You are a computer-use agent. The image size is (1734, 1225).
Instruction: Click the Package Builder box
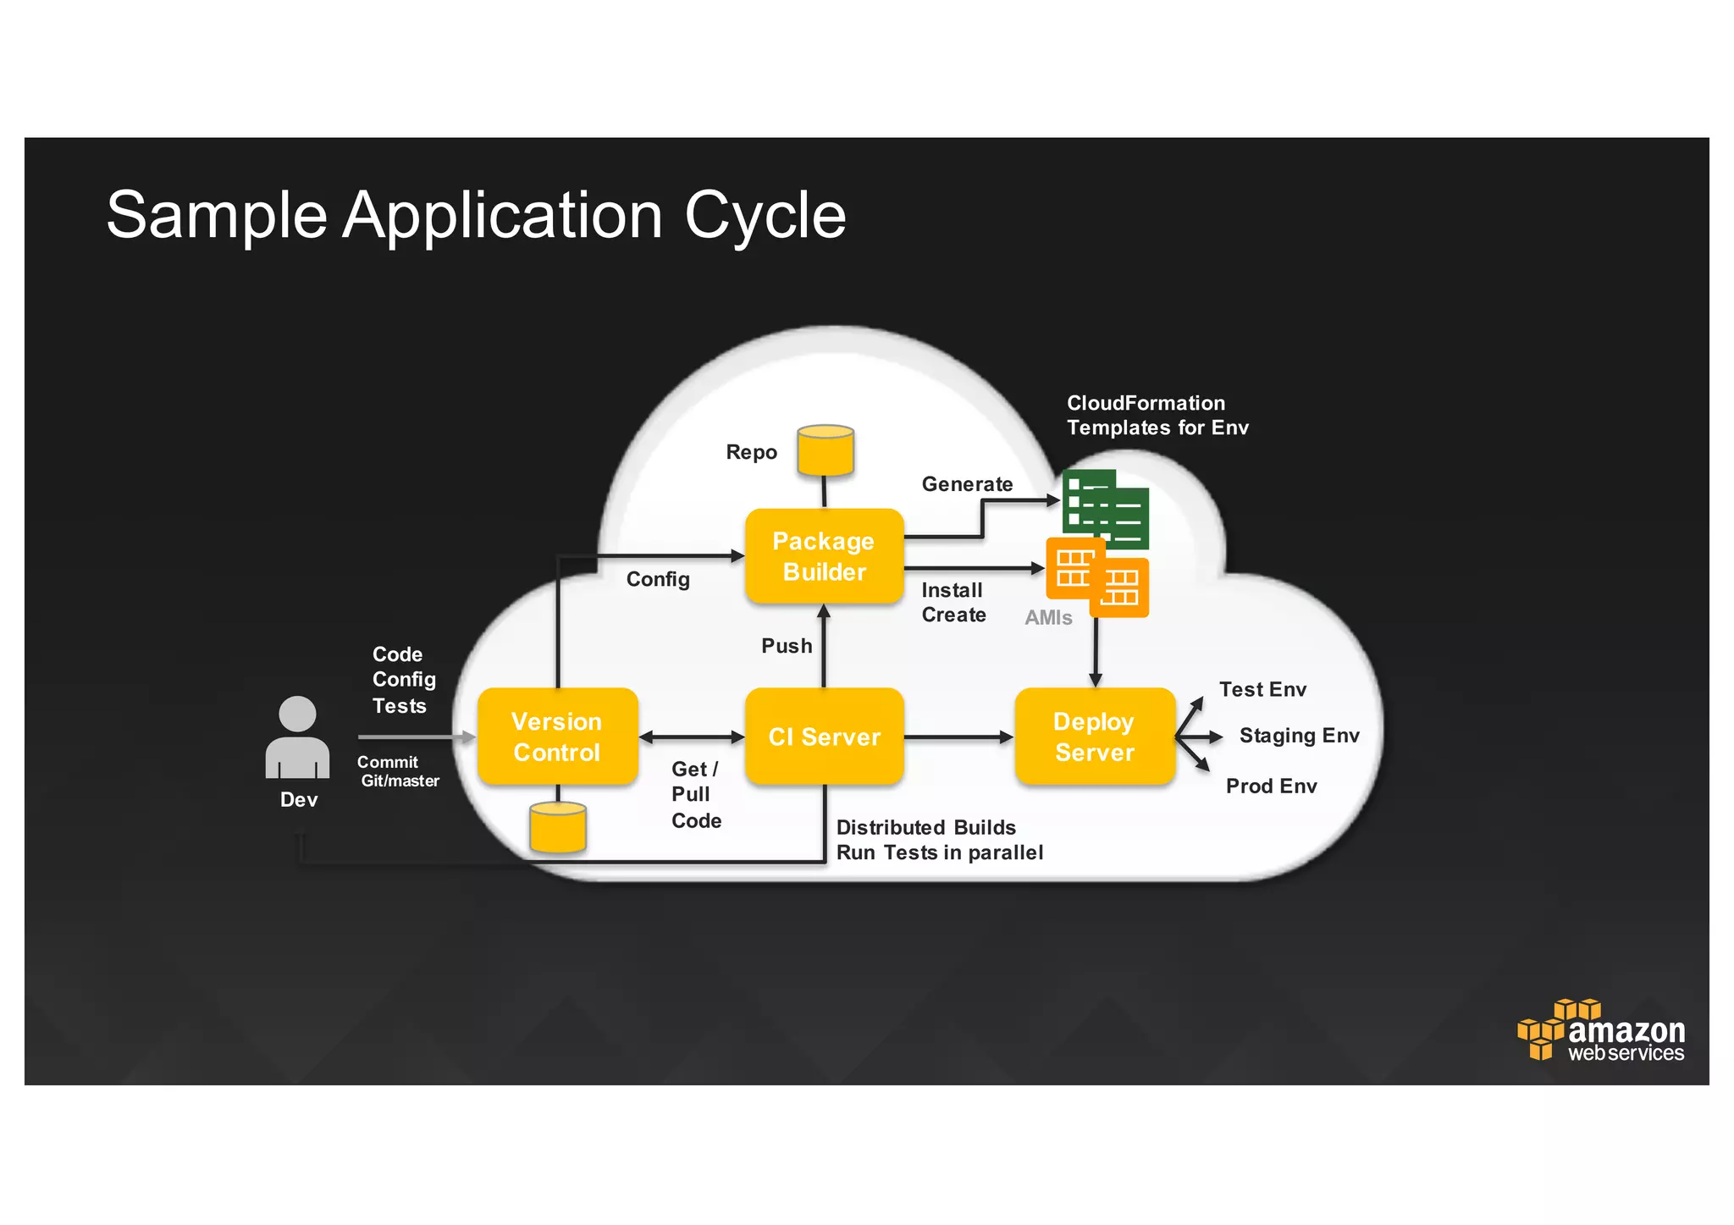click(824, 556)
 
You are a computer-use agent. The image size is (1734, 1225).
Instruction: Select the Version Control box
click(557, 737)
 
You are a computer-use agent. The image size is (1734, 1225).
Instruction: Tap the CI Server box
click(824, 737)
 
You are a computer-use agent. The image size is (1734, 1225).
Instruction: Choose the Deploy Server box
click(1094, 737)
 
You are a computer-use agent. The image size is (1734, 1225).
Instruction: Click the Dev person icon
click(297, 737)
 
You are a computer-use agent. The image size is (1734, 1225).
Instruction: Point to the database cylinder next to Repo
click(826, 450)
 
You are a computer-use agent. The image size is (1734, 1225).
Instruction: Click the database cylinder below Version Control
click(558, 827)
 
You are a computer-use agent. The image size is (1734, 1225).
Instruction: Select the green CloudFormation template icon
click(1106, 508)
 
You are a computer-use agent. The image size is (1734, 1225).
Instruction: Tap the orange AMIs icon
click(1097, 577)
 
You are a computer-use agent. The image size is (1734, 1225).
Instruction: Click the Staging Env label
click(1299, 736)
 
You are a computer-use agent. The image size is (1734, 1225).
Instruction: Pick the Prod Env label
click(1271, 786)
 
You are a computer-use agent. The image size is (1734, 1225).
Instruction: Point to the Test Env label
click(1262, 690)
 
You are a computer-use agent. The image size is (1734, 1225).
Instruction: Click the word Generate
click(967, 484)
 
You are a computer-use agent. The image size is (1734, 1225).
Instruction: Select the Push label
click(787, 646)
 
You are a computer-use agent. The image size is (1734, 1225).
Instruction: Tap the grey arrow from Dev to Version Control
click(415, 737)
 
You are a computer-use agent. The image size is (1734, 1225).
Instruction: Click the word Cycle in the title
click(765, 216)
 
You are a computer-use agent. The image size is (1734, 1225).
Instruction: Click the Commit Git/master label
click(398, 771)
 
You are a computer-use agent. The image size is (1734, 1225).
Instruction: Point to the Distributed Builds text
click(925, 828)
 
